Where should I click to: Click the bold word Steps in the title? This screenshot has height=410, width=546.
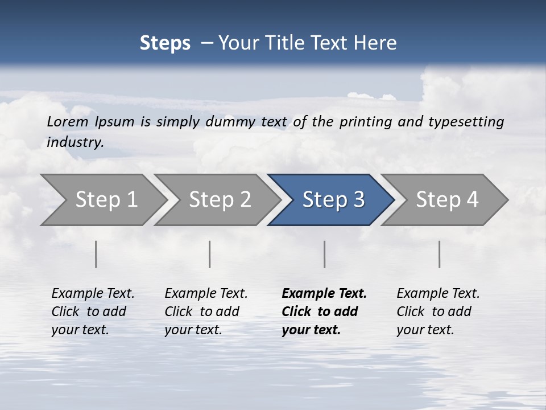pyautogui.click(x=165, y=43)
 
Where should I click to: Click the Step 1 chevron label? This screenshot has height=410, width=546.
pyautogui.click(x=106, y=200)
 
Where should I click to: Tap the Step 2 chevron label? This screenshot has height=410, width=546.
pyautogui.click(x=220, y=200)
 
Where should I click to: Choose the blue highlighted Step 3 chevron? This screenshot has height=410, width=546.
pyautogui.click(x=333, y=200)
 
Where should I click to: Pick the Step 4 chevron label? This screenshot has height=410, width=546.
pyautogui.click(x=447, y=200)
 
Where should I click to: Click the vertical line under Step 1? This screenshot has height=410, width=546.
pyautogui.click(x=96, y=254)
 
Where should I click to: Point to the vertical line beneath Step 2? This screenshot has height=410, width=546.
pyautogui.click(x=210, y=254)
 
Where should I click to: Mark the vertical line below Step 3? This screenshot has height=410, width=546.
pyautogui.click(x=325, y=254)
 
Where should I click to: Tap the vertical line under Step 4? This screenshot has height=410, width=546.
pyautogui.click(x=440, y=254)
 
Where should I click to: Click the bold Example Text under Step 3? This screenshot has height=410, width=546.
pyautogui.click(x=324, y=294)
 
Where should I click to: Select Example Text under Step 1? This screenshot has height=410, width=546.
pyautogui.click(x=93, y=294)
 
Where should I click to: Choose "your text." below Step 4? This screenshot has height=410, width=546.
pyautogui.click(x=425, y=330)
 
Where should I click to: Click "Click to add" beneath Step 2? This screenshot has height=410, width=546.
pyautogui.click(x=202, y=312)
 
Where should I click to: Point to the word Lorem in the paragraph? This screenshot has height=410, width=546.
pyautogui.click(x=68, y=122)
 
